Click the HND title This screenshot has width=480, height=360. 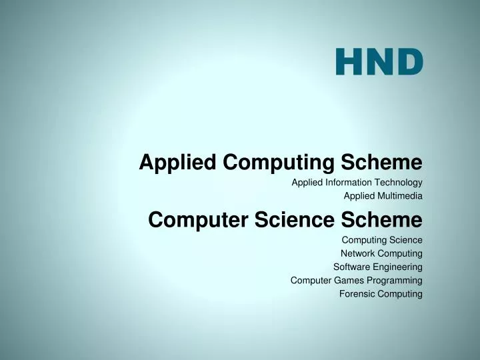point(379,61)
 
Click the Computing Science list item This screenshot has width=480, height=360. point(382,239)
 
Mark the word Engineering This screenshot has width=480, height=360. point(397,267)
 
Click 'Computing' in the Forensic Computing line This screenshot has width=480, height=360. point(400,293)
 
